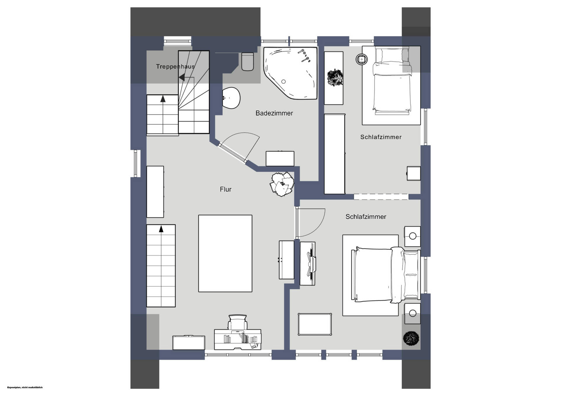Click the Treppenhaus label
coord(175,66)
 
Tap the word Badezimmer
coord(274,113)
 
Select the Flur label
coord(226,189)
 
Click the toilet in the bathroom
coord(247,62)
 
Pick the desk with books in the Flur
coord(238,339)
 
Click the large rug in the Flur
coord(225,253)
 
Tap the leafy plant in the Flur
coord(282,184)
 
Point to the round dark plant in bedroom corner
coord(411,338)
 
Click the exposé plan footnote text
coord(25,387)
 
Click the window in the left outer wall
coord(136,163)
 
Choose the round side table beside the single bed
coord(362,59)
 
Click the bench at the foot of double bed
coord(315,324)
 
